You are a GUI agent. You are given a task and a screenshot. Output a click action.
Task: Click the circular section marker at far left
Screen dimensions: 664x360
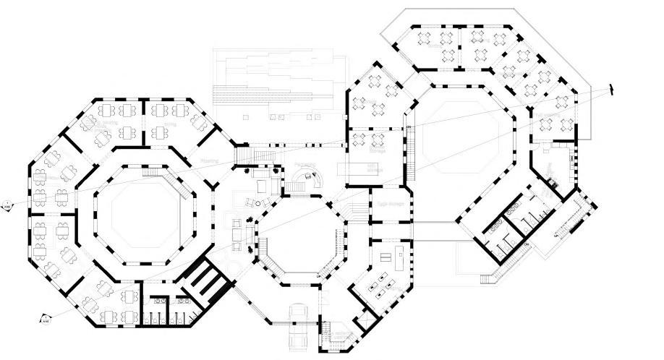(6, 203)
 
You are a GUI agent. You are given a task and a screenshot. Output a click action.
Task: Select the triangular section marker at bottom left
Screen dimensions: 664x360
(44, 318)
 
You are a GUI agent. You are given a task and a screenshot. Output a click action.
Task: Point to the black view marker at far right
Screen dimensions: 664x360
(611, 90)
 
